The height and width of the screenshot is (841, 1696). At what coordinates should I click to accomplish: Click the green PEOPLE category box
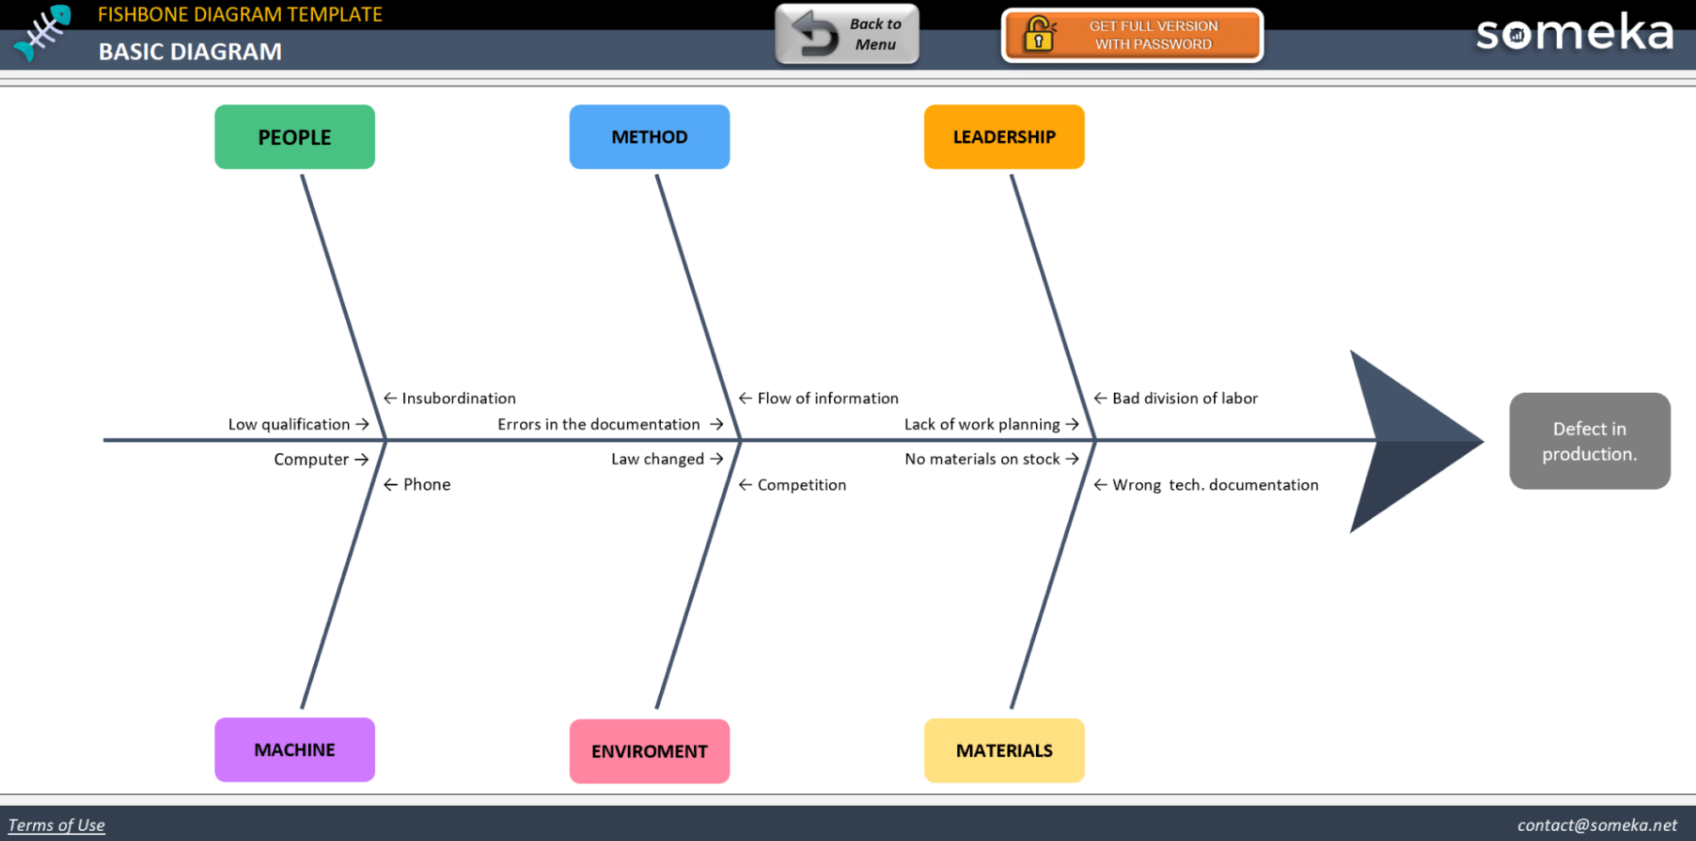(x=294, y=137)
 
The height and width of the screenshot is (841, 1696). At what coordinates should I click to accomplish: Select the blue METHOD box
(x=649, y=137)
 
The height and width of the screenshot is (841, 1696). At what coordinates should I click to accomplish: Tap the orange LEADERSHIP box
(x=1004, y=137)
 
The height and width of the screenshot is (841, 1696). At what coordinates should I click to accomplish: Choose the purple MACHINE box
(x=294, y=749)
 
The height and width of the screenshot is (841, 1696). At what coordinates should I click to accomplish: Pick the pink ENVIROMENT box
(x=649, y=751)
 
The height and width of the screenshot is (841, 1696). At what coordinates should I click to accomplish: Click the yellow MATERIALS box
(x=1004, y=750)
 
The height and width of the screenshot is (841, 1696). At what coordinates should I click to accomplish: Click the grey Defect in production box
(x=1589, y=440)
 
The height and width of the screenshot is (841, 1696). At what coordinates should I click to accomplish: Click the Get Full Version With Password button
(x=1132, y=35)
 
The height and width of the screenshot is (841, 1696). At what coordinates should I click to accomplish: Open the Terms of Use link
(x=56, y=825)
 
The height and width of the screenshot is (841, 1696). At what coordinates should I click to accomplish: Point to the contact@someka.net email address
(x=1597, y=825)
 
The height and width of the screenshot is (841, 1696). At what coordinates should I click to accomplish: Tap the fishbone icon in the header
(x=43, y=32)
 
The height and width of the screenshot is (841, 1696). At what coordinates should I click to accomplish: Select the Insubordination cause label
(x=458, y=398)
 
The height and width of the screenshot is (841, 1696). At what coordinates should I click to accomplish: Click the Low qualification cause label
(x=289, y=424)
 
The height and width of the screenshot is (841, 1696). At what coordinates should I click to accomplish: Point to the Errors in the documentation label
(x=599, y=424)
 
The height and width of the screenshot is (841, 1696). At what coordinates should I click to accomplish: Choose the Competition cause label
(x=801, y=485)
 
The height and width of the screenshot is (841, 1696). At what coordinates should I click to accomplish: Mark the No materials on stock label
(x=982, y=459)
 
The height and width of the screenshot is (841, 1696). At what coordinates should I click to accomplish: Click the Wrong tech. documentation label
(x=1215, y=485)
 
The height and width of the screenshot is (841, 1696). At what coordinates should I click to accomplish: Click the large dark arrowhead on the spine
(x=1408, y=440)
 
